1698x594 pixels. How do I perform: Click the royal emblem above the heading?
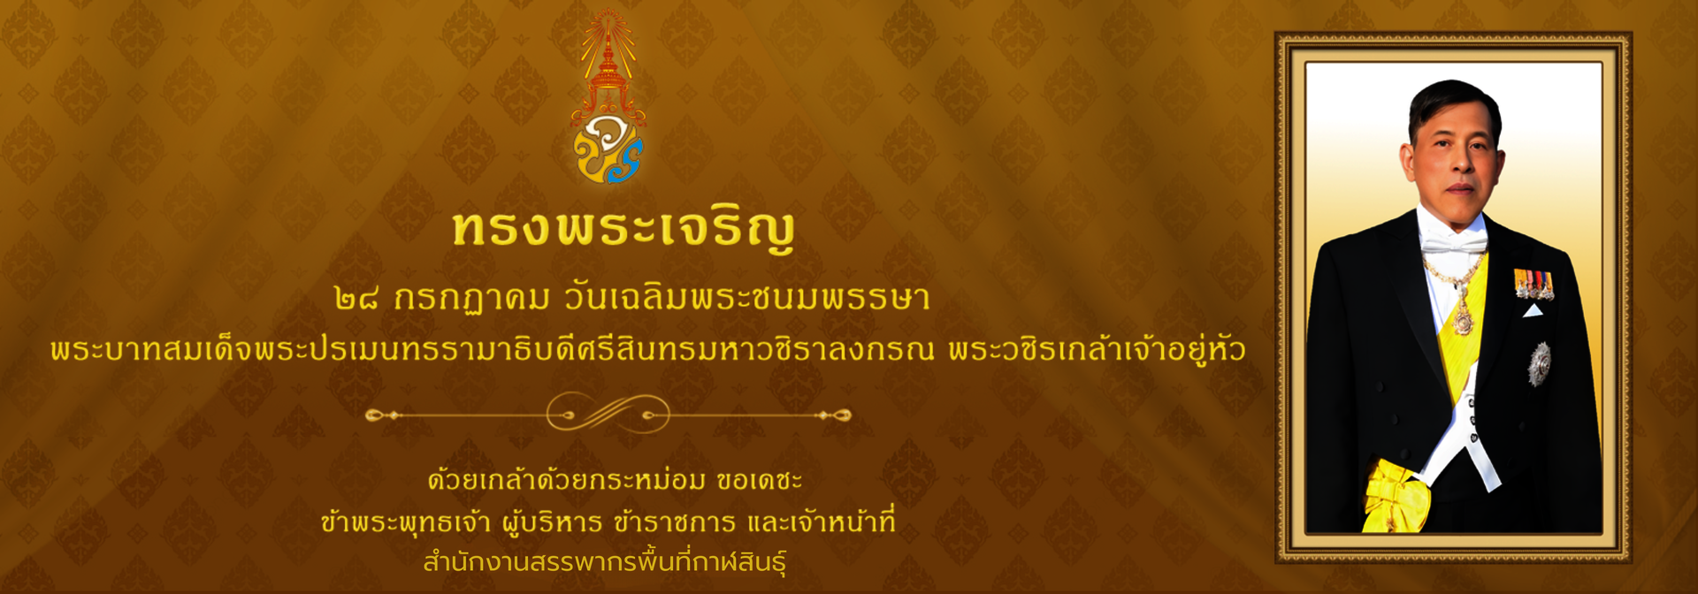coord(608,97)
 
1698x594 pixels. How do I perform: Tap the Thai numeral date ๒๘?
coord(357,299)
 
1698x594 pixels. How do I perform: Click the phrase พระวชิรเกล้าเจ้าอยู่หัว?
coord(1098,348)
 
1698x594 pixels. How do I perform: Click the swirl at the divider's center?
coord(608,413)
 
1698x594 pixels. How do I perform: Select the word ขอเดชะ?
coord(760,480)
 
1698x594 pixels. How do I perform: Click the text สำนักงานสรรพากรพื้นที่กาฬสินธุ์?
coord(605,561)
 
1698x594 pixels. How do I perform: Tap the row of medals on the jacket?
coord(1534,284)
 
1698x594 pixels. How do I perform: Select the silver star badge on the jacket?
coord(1540,363)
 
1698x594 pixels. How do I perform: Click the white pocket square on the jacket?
coord(1534,310)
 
